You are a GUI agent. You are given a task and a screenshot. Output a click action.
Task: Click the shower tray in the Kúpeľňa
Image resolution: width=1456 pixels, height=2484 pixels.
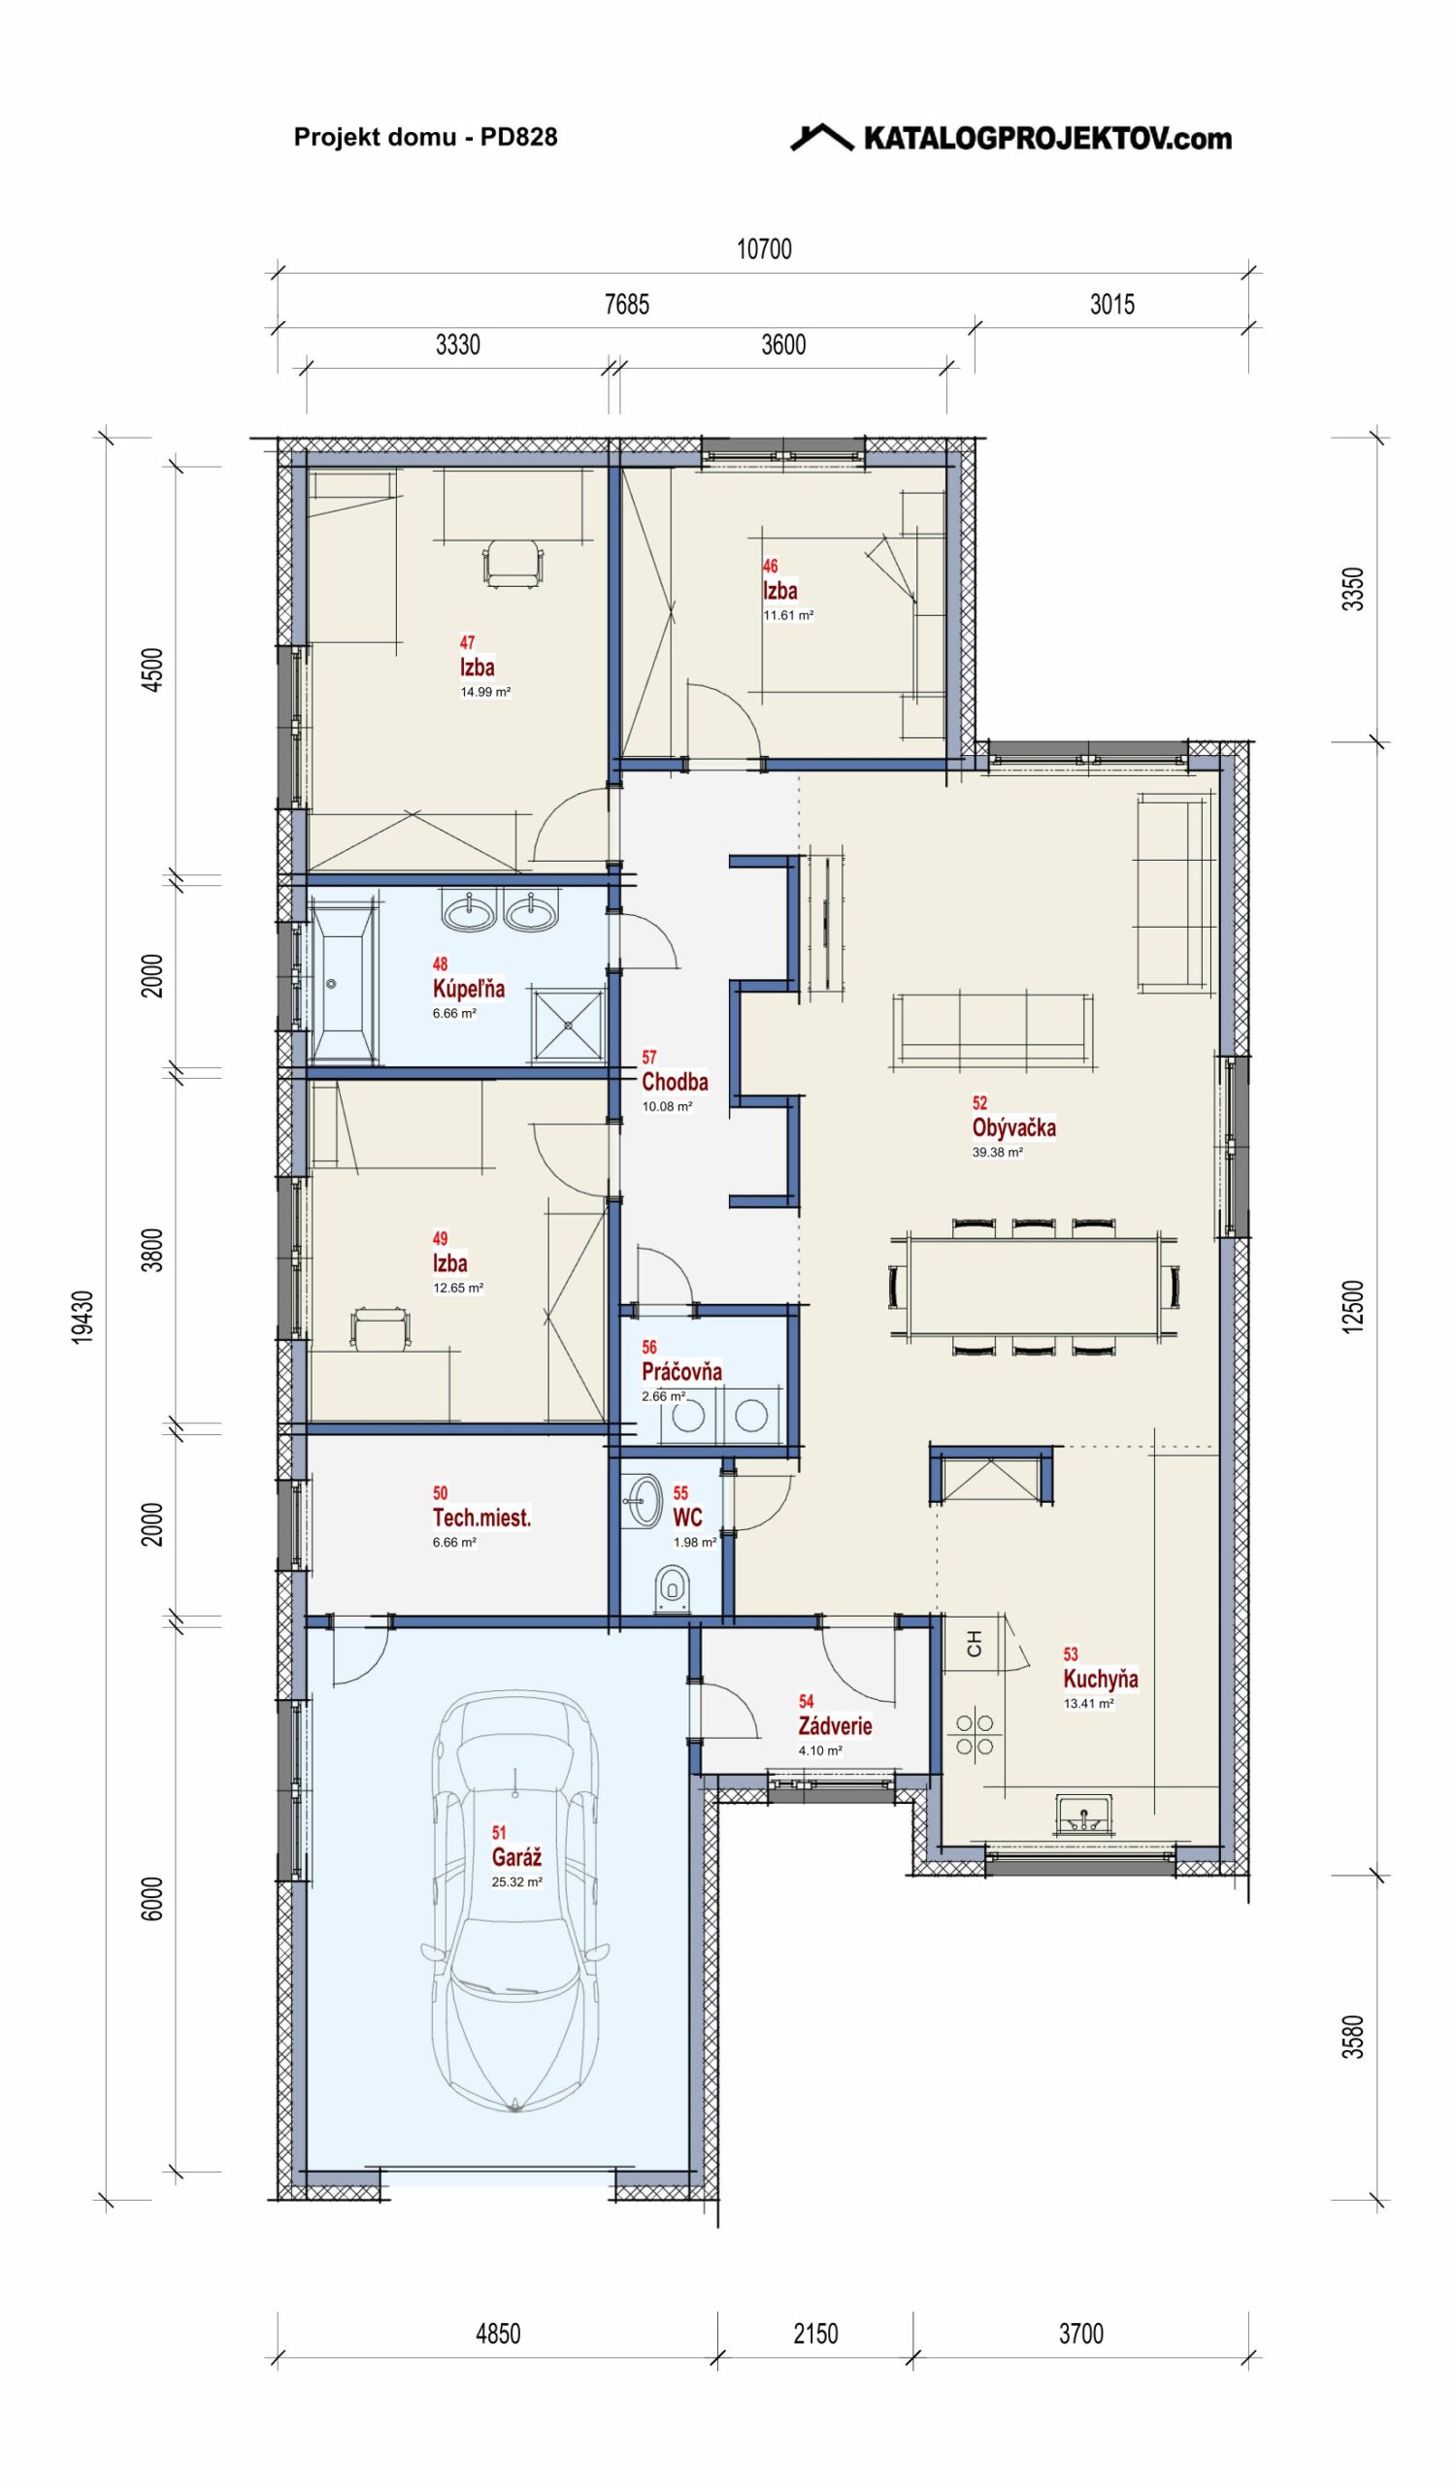click(x=568, y=1026)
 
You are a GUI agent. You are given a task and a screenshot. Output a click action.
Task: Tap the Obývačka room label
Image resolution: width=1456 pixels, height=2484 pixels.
click(x=1013, y=1128)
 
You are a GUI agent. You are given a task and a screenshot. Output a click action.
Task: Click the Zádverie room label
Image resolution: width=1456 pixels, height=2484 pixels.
click(x=835, y=1726)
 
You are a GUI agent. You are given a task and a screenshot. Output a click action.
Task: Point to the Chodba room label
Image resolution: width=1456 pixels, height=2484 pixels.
click(x=675, y=1081)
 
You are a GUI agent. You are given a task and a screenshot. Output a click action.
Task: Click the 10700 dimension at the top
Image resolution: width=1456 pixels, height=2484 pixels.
click(x=764, y=249)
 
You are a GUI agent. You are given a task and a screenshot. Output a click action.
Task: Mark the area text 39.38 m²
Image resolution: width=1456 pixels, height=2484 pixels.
click(x=998, y=1152)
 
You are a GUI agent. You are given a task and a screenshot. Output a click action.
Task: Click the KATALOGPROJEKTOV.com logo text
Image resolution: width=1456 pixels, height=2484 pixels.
click(x=1047, y=138)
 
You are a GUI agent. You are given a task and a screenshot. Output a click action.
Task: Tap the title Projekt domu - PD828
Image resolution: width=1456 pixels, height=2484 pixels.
click(x=426, y=137)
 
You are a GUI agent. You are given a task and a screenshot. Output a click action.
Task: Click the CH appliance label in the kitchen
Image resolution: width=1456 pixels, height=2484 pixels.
click(x=974, y=1643)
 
